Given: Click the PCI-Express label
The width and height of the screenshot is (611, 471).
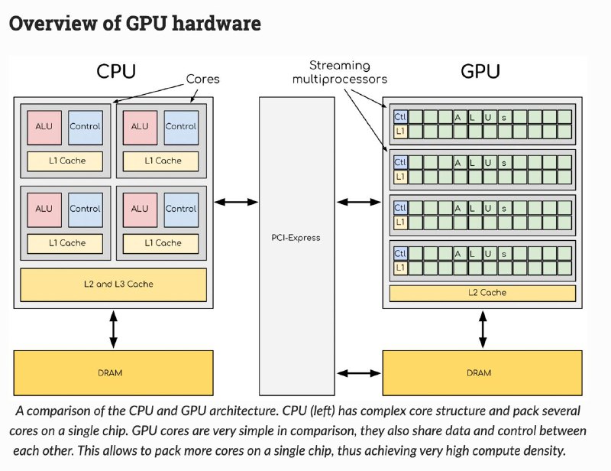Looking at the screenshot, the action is [x=296, y=238].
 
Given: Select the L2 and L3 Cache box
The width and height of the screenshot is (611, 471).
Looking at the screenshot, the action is [x=113, y=285].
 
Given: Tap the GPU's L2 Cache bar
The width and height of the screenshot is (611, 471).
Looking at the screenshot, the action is [x=483, y=293].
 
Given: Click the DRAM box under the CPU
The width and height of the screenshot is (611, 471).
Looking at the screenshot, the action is [x=113, y=372].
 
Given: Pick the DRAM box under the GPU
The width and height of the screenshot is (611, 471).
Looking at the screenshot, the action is [x=483, y=372].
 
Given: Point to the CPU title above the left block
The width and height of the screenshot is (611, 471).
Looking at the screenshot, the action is [x=116, y=71].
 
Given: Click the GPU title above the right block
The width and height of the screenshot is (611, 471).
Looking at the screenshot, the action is [x=480, y=71].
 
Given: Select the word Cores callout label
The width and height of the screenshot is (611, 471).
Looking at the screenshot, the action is [x=202, y=79].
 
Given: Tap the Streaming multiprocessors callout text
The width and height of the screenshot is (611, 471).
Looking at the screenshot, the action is [x=339, y=72].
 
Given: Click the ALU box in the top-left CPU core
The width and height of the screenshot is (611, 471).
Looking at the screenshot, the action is [x=44, y=128].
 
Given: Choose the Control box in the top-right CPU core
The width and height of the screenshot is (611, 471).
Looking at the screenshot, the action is [x=181, y=128].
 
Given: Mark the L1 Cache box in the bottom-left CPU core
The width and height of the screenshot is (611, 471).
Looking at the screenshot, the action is [x=65, y=243].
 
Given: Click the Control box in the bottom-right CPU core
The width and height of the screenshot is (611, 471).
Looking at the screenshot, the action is [x=181, y=210].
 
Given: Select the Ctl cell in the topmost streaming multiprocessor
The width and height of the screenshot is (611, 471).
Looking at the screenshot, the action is [x=400, y=117].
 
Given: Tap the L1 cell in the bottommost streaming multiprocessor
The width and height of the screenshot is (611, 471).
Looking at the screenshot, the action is [x=400, y=268].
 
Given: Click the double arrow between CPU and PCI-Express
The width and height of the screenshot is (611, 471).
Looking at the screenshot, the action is [x=236, y=202].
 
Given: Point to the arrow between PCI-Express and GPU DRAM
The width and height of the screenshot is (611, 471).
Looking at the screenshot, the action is [x=359, y=373].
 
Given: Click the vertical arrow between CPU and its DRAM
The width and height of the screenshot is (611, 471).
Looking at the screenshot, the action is [x=113, y=330].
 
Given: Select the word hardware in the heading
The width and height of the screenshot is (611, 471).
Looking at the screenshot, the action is [x=216, y=24].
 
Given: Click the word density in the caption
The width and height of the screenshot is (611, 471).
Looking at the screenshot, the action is [x=545, y=450].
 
